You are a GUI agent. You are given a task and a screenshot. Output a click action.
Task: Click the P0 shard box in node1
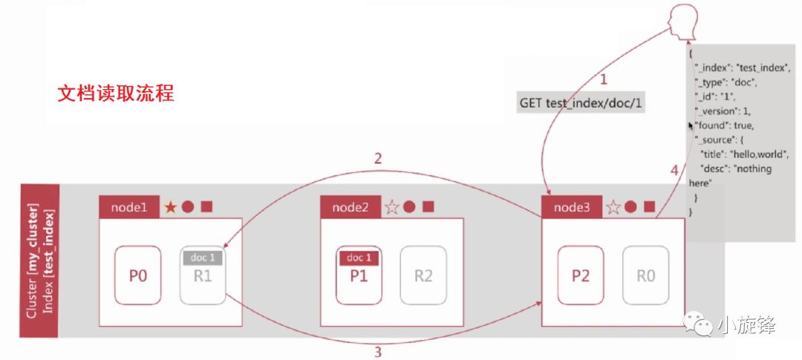pyautogui.click(x=138, y=276)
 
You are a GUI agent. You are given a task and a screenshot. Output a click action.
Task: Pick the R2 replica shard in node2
pyautogui.click(x=423, y=276)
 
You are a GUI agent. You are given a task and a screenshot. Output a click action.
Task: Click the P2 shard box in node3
pyautogui.click(x=581, y=276)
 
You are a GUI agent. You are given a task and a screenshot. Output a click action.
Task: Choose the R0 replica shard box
pyautogui.click(x=645, y=276)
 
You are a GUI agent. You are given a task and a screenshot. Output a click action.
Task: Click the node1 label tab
pyautogui.click(x=129, y=207)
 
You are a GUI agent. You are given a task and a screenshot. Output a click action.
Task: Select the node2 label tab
pyautogui.click(x=350, y=207)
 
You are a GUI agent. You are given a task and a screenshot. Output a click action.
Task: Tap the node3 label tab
pyautogui.click(x=572, y=207)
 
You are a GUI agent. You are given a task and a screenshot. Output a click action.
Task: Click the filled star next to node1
pyautogui.click(x=171, y=207)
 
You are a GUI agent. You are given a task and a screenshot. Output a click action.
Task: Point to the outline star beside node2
pyautogui.click(x=391, y=207)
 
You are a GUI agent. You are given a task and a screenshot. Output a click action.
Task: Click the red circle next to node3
pyautogui.click(x=630, y=207)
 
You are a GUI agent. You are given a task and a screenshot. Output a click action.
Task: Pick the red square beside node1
pyautogui.click(x=206, y=206)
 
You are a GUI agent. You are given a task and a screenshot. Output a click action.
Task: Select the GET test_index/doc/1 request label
pyautogui.click(x=581, y=103)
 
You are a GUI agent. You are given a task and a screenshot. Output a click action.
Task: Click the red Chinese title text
pyautogui.click(x=116, y=95)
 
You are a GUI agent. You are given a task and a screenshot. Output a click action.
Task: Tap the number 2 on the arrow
pyautogui.click(x=378, y=157)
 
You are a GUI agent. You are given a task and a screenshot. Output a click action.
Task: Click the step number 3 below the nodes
pyautogui.click(x=378, y=352)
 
